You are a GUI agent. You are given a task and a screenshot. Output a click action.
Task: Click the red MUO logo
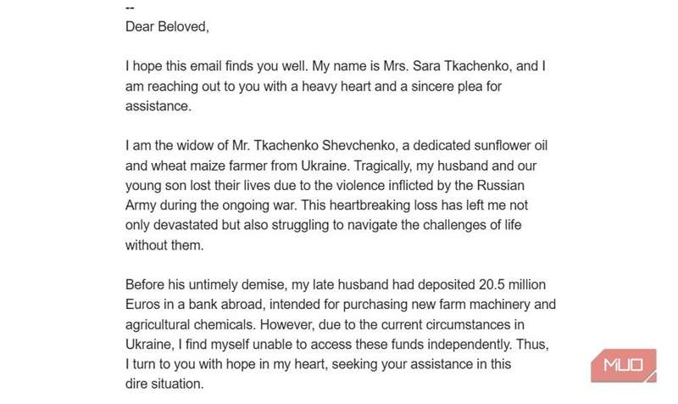(625, 368)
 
